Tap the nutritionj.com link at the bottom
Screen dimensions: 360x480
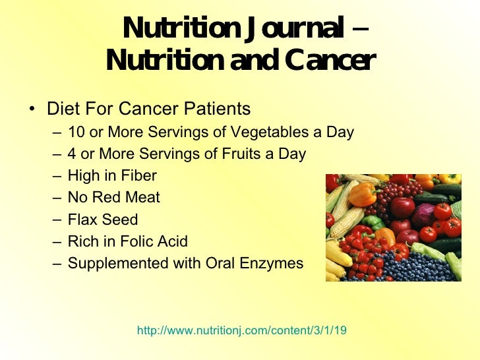point(241,330)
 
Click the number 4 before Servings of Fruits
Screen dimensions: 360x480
point(72,154)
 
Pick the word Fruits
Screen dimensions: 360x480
point(248,154)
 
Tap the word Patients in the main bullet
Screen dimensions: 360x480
point(216,108)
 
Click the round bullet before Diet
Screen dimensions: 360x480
point(32,109)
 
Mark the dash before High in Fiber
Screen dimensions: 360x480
point(58,176)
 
